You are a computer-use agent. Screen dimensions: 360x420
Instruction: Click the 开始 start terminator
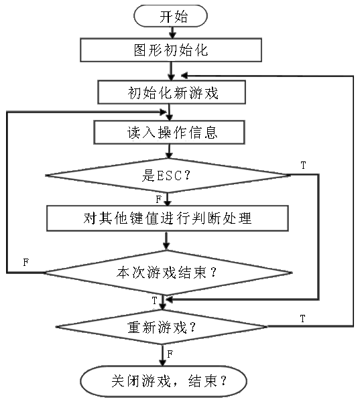tap(170, 16)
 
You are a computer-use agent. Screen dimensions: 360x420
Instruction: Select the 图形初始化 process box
tap(171, 50)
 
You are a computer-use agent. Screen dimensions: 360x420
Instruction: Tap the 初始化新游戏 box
tap(172, 92)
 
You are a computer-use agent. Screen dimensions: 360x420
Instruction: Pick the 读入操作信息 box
tap(169, 133)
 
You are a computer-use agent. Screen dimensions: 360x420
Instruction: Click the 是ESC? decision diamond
tap(168, 176)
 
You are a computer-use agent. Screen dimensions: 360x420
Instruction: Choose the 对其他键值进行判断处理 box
tap(168, 218)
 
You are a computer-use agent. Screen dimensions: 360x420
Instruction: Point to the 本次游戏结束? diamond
tap(168, 273)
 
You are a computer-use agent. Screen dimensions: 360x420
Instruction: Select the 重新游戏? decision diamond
tap(162, 327)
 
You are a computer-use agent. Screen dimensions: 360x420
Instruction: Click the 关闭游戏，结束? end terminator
tap(164, 381)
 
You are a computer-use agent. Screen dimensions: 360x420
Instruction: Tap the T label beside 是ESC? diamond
tap(303, 165)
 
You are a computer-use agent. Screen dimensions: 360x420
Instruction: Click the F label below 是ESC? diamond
tap(159, 200)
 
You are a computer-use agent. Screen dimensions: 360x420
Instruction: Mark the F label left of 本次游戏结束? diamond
tap(26, 262)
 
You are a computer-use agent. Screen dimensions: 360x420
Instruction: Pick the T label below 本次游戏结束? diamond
tap(154, 301)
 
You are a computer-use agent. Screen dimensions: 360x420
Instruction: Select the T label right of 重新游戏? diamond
tap(302, 319)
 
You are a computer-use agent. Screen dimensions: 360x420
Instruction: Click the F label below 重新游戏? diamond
tap(170, 354)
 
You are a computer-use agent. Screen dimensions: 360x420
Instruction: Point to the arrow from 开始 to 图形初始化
tap(172, 33)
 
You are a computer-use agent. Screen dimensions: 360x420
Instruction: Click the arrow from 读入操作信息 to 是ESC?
tap(169, 151)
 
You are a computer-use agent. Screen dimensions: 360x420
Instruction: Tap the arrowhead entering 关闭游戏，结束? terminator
tap(162, 362)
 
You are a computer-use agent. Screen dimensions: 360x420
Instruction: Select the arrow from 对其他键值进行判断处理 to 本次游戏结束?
tap(166, 240)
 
